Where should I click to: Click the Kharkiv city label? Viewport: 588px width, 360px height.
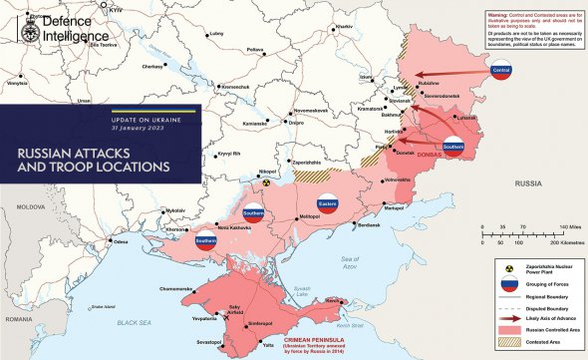pyautogui.click(x=345, y=26)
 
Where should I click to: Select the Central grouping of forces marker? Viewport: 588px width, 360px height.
pyautogui.click(x=502, y=71)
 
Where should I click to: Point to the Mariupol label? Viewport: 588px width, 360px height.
pyautogui.click(x=394, y=208)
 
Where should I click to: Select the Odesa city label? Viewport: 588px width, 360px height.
pyautogui.click(x=121, y=241)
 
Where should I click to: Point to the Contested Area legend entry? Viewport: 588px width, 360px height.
pyautogui.click(x=539, y=341)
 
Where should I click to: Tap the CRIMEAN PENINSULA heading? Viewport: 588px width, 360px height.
pyautogui.click(x=312, y=338)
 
